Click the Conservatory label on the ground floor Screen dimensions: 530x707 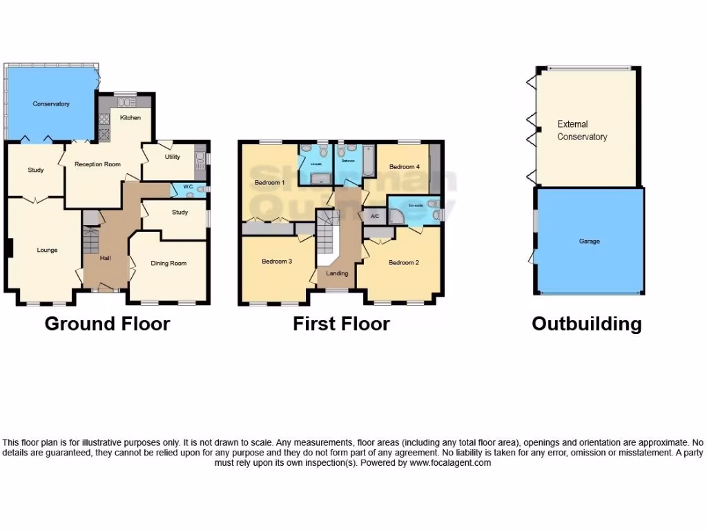coord(51,104)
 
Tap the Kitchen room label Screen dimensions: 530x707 coord(130,118)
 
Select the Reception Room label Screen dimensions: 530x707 coord(98,164)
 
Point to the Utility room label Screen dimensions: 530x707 coord(172,157)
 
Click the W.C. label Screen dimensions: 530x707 coord(186,187)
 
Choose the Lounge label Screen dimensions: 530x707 coord(47,250)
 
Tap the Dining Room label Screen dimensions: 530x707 coord(168,263)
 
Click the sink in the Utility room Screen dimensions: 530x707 coord(200,161)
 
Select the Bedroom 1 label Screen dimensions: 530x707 coord(269,183)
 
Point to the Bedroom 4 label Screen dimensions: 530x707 coord(404,167)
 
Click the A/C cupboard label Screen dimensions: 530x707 coord(375,217)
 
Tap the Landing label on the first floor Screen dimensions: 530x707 coord(338,273)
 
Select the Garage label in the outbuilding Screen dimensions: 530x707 coord(589,242)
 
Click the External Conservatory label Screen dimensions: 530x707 coord(582,130)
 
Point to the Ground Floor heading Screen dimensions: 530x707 coord(107,324)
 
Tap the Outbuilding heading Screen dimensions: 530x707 coord(586,324)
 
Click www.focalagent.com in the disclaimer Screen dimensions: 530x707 coord(449,463)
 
